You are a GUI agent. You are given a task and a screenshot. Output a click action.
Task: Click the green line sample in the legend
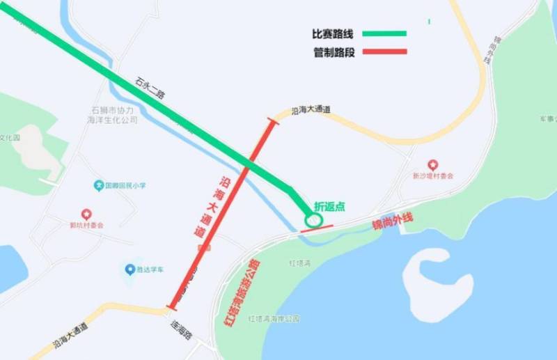pos(382,33)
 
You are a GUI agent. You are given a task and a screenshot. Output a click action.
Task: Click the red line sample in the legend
pos(382,52)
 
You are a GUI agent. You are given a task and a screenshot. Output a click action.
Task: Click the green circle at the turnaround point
pos(313,220)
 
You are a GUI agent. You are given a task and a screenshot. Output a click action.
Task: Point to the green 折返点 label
pos(329,207)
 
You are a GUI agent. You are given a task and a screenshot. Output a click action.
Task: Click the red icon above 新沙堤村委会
pos(432,165)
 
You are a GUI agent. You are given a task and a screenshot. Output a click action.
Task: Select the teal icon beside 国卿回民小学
pos(100,186)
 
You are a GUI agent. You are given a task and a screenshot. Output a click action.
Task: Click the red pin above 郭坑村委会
pos(86,214)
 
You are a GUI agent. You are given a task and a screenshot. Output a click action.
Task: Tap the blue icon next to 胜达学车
pos(130,269)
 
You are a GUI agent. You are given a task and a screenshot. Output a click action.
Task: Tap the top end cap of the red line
pos(272,122)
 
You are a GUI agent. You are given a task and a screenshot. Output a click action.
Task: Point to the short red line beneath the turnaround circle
pos(317,228)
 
